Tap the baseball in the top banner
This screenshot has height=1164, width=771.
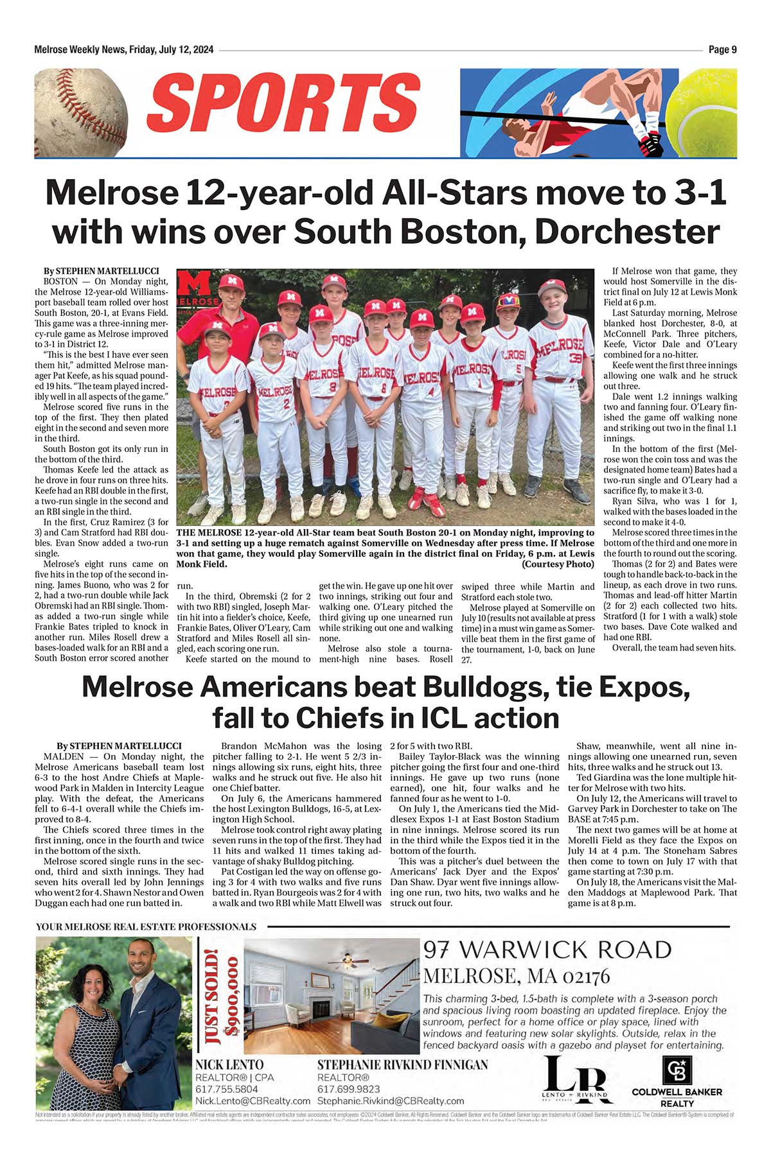click(x=80, y=113)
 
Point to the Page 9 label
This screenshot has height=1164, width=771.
click(x=722, y=50)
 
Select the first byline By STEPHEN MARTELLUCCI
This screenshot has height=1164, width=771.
click(x=101, y=271)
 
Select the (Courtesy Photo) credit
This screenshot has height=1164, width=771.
click(x=558, y=564)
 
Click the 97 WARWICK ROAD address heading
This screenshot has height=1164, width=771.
click(x=547, y=950)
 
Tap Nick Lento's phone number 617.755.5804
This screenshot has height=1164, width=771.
click(x=227, y=1090)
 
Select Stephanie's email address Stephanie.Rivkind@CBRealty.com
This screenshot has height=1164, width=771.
click(x=391, y=1101)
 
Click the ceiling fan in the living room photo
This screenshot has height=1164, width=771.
click(x=348, y=961)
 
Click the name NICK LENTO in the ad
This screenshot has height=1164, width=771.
click(x=229, y=1065)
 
